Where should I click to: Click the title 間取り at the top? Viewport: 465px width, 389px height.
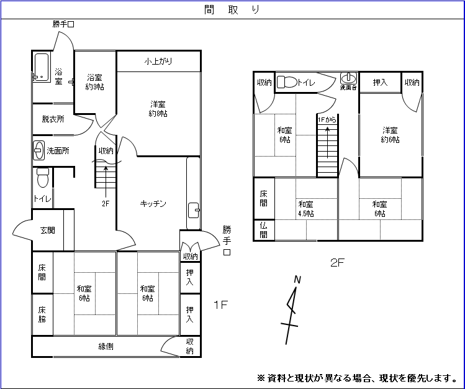(x=232, y=9)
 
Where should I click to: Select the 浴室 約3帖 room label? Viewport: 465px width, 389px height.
(x=95, y=82)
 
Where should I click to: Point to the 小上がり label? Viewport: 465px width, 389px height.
(x=158, y=61)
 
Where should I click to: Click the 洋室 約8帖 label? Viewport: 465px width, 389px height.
(x=158, y=109)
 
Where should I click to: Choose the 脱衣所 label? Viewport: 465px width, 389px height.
(x=53, y=119)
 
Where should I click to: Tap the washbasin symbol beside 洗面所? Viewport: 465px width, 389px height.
(x=38, y=150)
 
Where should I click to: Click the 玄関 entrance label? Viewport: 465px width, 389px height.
(x=48, y=231)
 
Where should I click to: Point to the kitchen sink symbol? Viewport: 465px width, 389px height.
(x=193, y=209)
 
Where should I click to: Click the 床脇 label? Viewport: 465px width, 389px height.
(x=42, y=314)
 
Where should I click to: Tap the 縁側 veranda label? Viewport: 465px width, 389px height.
(x=106, y=347)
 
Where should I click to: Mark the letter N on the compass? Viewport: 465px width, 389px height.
(x=297, y=280)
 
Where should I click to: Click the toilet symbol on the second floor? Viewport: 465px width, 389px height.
(x=286, y=81)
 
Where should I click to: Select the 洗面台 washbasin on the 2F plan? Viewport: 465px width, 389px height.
(x=349, y=79)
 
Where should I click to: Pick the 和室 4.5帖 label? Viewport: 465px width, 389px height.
(x=305, y=209)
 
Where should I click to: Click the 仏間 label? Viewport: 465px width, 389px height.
(x=264, y=230)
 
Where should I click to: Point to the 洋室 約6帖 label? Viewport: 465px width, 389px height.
(x=390, y=135)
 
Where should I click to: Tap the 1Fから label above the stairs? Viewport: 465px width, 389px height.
(x=327, y=119)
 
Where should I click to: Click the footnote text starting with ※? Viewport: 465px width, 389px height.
(x=356, y=377)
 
